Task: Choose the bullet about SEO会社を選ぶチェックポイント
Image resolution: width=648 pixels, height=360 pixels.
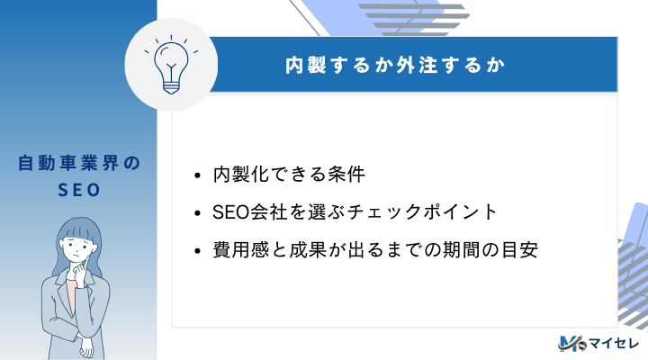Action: (x=355, y=212)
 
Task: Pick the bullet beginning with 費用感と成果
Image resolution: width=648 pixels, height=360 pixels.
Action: (x=374, y=251)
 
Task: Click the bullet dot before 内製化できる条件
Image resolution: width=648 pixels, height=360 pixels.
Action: (x=198, y=175)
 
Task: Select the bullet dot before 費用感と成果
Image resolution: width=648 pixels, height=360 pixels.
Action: (x=198, y=252)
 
